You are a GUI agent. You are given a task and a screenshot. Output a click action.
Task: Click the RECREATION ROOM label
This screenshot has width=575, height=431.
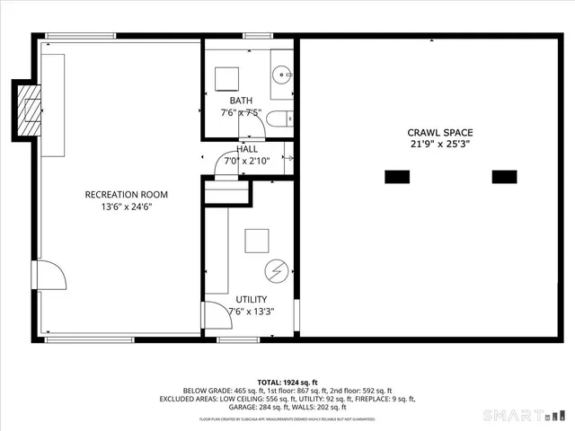[x=126, y=194]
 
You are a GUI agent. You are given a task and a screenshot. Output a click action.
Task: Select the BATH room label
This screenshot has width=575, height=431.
[x=241, y=101]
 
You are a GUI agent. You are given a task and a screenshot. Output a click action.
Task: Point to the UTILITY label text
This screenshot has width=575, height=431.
[x=251, y=299]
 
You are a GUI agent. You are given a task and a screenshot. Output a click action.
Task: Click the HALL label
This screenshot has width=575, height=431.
[x=247, y=149]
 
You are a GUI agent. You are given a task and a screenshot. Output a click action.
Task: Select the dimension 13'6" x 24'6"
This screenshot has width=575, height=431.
[x=126, y=207]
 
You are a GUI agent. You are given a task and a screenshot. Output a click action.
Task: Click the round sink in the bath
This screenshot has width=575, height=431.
[x=281, y=75]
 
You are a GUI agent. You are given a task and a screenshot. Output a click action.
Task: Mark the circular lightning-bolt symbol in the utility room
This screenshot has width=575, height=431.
[x=276, y=270]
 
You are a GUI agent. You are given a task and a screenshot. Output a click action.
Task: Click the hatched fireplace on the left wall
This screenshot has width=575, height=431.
[x=31, y=110]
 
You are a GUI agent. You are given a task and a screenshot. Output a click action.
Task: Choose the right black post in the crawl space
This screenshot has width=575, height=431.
[x=505, y=176]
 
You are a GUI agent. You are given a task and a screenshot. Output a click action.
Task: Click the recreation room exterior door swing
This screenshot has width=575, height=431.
[x=49, y=275]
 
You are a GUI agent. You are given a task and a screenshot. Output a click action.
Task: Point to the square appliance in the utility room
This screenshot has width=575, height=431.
[x=257, y=241]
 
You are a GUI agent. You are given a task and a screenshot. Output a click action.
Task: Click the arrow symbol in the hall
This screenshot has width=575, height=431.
[x=290, y=158]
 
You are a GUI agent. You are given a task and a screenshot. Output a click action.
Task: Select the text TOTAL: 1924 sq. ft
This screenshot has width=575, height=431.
[x=287, y=383]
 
